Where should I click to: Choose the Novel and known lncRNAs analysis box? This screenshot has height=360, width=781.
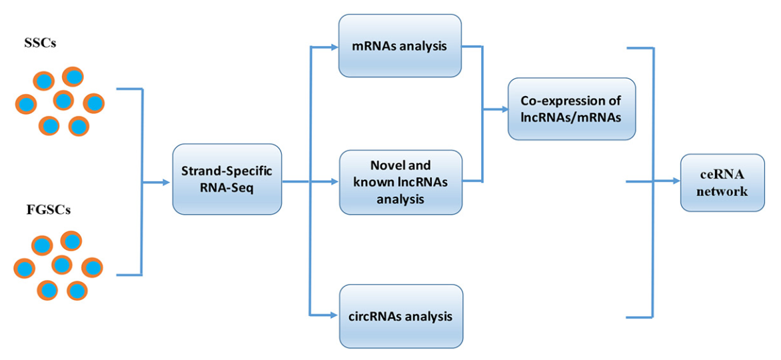tap(400, 181)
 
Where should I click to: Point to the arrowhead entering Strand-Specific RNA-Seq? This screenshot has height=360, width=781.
tap(167, 181)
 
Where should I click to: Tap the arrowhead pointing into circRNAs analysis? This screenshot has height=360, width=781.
tap(335, 314)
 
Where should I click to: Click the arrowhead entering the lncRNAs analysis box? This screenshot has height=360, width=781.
tap(335, 181)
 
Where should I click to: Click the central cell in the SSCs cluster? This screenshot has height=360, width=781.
tap(63, 101)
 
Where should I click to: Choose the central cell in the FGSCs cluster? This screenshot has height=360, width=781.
tap(61, 265)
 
